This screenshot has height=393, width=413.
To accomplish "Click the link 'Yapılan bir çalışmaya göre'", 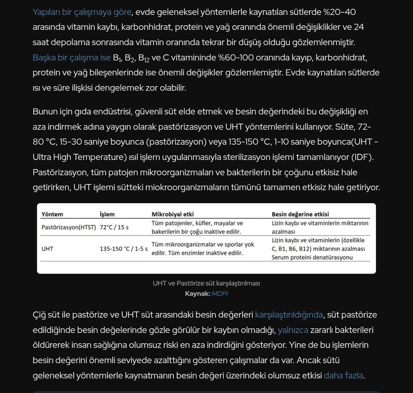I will click(x=82, y=12).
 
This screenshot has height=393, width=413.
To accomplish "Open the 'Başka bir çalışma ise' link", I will click(x=72, y=58).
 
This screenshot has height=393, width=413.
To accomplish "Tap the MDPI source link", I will click(x=220, y=294).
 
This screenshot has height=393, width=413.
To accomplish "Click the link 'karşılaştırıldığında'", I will click(x=289, y=315).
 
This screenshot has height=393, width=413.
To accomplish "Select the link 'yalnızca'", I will click(x=293, y=330).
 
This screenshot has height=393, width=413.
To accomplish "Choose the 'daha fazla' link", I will click(x=343, y=376).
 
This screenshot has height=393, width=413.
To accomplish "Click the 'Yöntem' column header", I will click(x=52, y=214).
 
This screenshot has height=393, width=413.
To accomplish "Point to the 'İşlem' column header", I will click(x=107, y=214).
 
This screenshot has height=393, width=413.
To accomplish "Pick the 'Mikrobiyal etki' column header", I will click(x=172, y=214).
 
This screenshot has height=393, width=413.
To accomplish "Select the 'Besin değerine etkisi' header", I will click(x=300, y=214).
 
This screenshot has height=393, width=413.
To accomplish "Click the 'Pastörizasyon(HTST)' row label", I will click(x=69, y=227).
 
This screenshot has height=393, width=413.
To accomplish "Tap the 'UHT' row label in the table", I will click(x=47, y=249).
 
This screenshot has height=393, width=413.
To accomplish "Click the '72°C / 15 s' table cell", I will click(x=114, y=227).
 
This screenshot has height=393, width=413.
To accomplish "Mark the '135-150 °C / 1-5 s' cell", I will click(x=124, y=249).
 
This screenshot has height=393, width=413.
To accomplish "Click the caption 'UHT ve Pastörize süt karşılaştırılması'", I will click(x=206, y=284).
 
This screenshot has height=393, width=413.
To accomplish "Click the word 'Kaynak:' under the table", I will click(x=197, y=294).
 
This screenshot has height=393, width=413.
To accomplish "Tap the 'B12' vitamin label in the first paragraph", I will click(x=144, y=58).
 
